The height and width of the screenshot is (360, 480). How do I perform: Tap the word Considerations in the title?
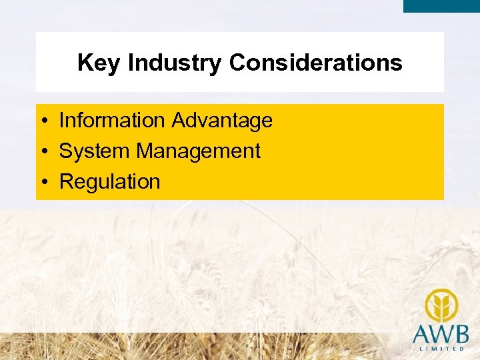point(315,63)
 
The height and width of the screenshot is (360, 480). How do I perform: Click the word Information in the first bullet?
point(112,121)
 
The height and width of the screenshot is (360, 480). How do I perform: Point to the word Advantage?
point(222,121)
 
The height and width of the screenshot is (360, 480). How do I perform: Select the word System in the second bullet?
point(95,151)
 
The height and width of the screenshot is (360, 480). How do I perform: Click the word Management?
point(198,151)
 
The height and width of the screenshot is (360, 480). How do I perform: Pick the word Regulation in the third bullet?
point(110,182)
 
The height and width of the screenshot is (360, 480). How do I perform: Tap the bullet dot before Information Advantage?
point(42,121)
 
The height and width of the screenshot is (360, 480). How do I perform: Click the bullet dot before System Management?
point(42,152)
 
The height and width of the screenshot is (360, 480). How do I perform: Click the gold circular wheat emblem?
point(441,305)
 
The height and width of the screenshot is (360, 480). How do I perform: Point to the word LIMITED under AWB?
point(441,349)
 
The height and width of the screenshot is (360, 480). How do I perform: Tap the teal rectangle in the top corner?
point(441,6)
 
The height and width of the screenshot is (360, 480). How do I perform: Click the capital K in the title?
point(84,63)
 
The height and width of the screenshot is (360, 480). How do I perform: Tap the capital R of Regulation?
point(66,182)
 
